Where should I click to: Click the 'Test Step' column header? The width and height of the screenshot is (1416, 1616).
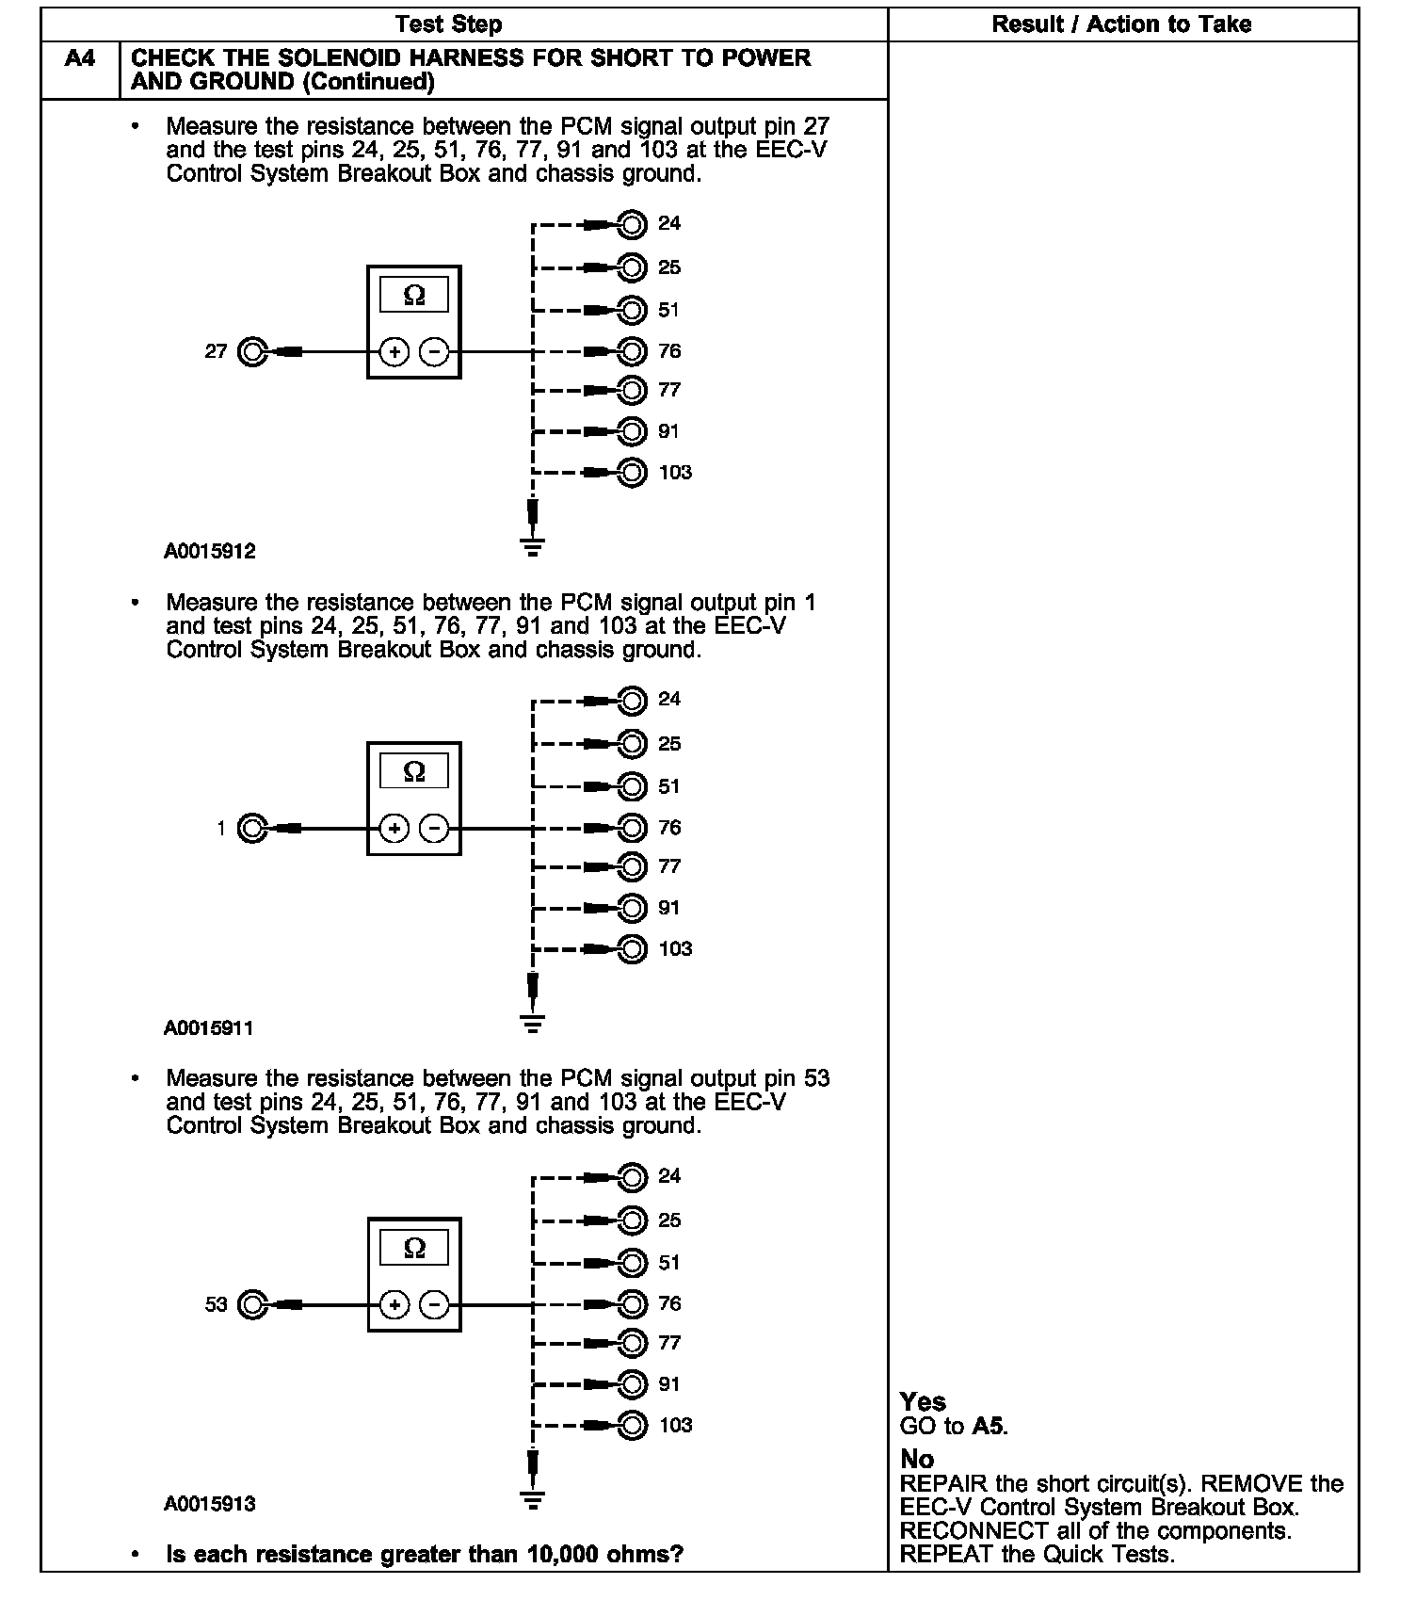[448, 24]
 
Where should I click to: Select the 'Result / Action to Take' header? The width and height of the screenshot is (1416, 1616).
[1121, 24]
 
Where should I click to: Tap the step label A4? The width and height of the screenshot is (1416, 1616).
[80, 59]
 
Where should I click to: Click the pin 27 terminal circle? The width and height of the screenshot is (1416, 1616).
[252, 352]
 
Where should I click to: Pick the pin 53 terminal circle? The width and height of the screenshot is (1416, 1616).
[252, 1304]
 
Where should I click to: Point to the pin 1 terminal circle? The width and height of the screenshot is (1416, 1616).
[252, 829]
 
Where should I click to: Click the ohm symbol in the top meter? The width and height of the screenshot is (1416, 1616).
[414, 296]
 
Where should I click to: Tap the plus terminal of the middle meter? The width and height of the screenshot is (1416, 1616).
[394, 829]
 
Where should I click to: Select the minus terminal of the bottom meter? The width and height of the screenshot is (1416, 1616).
[434, 1304]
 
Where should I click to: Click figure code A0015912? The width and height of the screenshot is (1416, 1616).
[209, 552]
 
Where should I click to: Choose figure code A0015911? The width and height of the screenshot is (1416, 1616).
[209, 1028]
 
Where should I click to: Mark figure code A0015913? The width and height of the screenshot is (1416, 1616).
[209, 1504]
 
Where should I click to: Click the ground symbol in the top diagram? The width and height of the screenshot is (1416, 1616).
[533, 545]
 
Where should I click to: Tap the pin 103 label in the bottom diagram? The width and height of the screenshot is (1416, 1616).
[675, 1425]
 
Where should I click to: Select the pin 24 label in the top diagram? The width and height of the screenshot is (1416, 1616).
[669, 223]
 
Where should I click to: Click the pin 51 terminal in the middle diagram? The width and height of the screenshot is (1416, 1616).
[633, 785]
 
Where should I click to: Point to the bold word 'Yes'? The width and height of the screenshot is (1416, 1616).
[923, 1401]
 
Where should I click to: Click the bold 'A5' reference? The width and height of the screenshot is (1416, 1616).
[988, 1426]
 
